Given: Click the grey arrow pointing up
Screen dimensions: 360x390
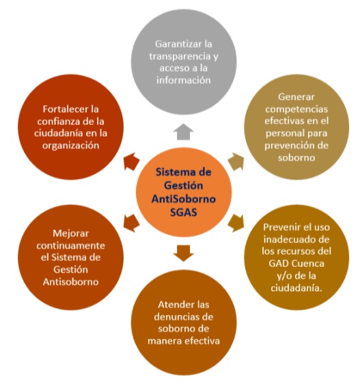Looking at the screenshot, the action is tap(184, 132).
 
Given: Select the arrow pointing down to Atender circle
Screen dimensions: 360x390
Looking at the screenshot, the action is tap(184, 253).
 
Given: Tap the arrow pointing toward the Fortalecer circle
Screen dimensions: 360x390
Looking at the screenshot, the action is tap(132, 162).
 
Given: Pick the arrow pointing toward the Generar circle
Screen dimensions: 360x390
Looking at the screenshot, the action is tap(236, 162).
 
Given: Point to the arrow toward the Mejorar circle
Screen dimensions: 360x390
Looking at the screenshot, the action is tap(131, 223).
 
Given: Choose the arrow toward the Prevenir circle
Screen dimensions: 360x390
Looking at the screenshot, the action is tap(236, 223).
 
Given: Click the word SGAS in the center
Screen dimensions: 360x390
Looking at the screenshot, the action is tap(184, 212).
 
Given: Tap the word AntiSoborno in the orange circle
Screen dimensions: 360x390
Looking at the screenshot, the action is tap(184, 199).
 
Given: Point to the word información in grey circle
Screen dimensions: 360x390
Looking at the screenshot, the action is tap(184, 80).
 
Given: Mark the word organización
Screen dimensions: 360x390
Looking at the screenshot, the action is tap(70, 145).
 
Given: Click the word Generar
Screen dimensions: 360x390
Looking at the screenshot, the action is tap(296, 97).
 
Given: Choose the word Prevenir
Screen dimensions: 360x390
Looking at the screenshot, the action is tap(279, 227).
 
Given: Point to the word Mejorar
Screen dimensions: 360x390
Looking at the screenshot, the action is tap(70, 234).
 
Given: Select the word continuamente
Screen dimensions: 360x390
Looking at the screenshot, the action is tap(70, 246).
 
